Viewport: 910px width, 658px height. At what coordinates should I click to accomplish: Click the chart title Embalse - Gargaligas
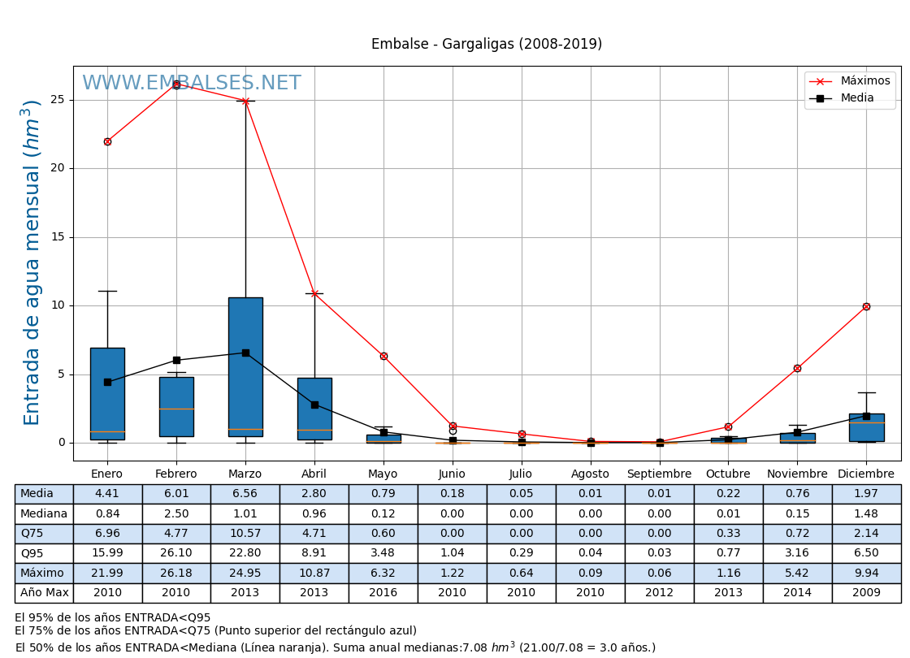point(486,45)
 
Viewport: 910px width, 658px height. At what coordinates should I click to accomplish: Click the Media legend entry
point(856,98)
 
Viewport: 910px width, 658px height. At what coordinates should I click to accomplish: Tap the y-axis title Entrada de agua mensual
point(32,262)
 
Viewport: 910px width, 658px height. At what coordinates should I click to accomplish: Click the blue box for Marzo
point(245,366)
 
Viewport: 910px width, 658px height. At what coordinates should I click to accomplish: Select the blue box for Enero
point(107,393)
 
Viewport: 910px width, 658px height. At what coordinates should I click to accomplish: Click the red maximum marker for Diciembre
point(866,306)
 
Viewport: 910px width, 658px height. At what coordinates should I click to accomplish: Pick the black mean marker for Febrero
point(176,360)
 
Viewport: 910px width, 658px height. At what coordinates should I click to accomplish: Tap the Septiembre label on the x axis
point(659,474)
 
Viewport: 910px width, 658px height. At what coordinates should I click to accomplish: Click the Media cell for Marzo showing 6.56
point(245,494)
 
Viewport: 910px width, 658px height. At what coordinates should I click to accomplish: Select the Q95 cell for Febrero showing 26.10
point(176,553)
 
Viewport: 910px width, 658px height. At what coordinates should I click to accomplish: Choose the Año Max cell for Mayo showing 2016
point(383,593)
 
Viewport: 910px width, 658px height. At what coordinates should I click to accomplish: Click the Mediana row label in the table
point(44,513)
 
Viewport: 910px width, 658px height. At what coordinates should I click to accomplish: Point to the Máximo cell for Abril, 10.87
point(314,573)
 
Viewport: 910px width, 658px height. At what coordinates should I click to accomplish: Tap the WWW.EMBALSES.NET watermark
point(192,84)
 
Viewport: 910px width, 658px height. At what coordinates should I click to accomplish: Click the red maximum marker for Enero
point(107,141)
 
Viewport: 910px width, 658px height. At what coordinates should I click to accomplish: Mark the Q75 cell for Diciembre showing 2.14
point(866,534)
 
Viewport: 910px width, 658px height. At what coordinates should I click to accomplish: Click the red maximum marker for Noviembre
point(797,368)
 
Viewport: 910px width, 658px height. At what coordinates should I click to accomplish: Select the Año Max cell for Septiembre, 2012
point(659,593)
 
